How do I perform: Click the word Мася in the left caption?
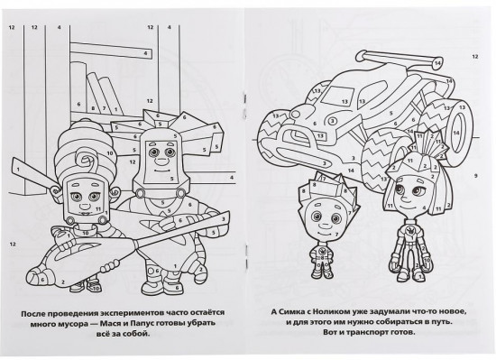pyautogui.click(x=108, y=323)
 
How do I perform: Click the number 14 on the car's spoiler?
pyautogui.click(x=437, y=62)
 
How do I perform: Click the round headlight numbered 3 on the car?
pyautogui.click(x=333, y=121)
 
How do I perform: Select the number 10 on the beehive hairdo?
pyautogui.click(x=110, y=153)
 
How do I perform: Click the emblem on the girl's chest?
pyautogui.click(x=411, y=230)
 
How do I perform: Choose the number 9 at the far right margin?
pyautogui.click(x=475, y=176)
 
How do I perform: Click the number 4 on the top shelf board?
pyautogui.click(x=145, y=53)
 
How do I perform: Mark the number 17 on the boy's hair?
pyautogui.click(x=323, y=180)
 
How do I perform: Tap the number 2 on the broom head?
pyautogui.click(x=63, y=282)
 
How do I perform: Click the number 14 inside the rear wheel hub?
pyautogui.click(x=455, y=134)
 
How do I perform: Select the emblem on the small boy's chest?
pyautogui.click(x=321, y=252)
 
